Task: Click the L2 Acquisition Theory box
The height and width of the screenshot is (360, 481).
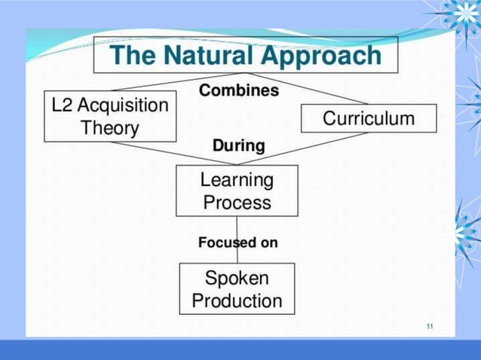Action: [x=110, y=116]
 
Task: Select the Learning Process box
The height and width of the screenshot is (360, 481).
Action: [x=237, y=191]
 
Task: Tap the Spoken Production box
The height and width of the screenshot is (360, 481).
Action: [x=237, y=289]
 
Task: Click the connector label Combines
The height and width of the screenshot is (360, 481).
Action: [x=238, y=90]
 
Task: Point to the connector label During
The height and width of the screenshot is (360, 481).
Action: [x=238, y=145]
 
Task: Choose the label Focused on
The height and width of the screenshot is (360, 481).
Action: [x=238, y=243]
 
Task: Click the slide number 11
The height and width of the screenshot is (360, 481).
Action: [x=429, y=326]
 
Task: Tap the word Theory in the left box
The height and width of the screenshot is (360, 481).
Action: [x=110, y=128]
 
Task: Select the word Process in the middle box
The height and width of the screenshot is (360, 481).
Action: [x=237, y=203]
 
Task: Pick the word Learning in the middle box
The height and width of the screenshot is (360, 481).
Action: [x=237, y=179]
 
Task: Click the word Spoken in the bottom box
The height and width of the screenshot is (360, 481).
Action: [x=237, y=278]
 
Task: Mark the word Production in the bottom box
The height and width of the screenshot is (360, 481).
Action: [x=237, y=301]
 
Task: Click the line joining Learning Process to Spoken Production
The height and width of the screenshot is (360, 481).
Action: [x=237, y=226]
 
